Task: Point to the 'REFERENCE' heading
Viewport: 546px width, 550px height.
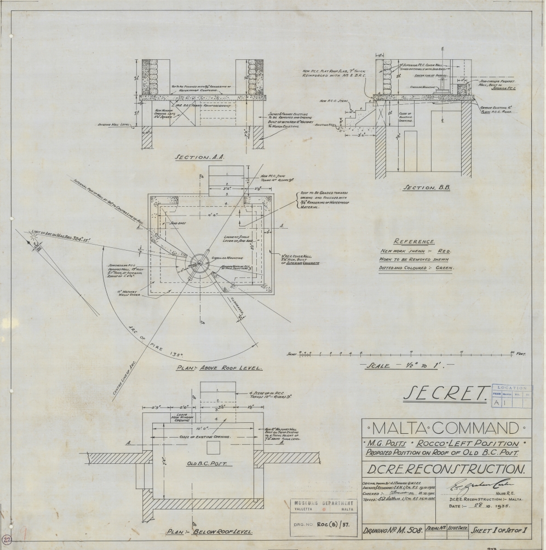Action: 414,241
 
